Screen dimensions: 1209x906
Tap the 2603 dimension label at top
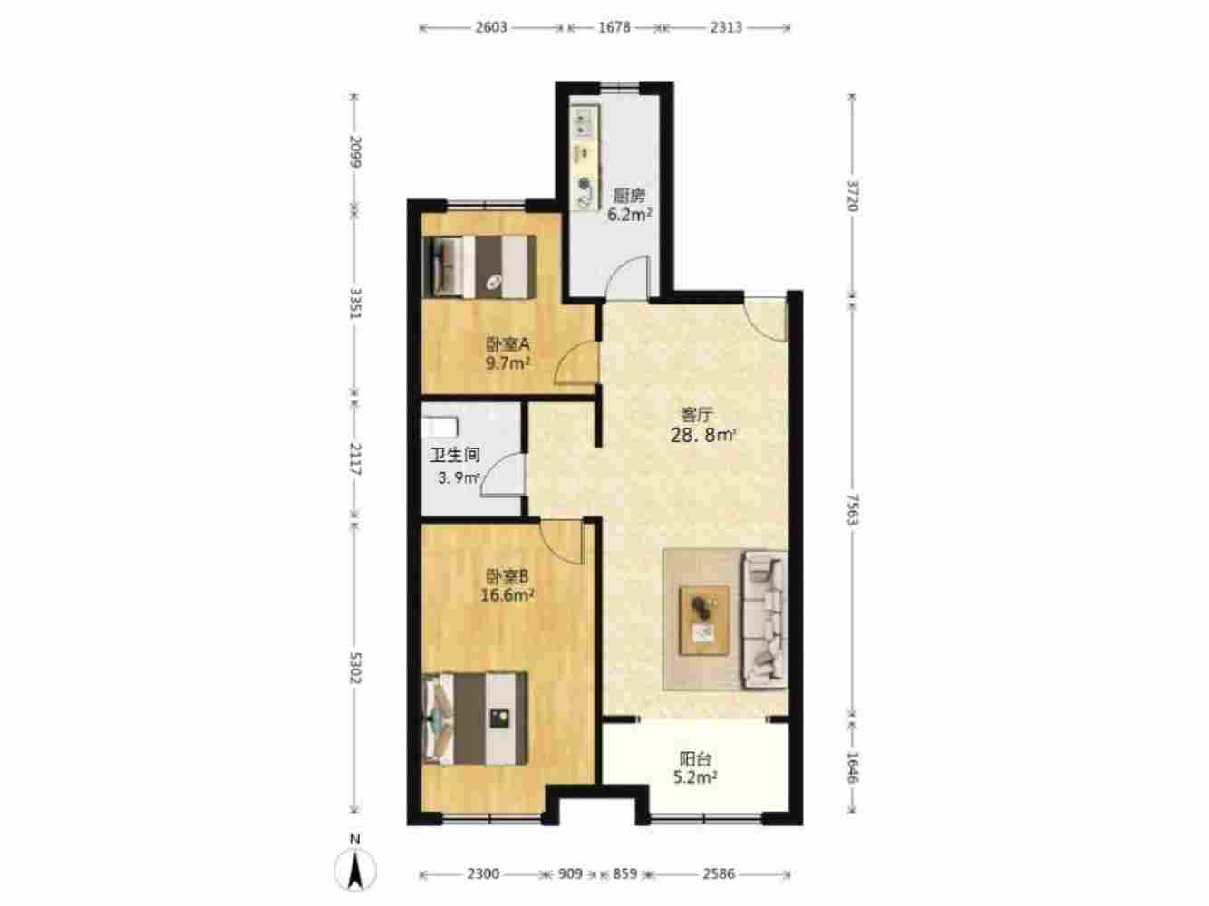491,27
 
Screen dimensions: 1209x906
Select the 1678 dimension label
614,27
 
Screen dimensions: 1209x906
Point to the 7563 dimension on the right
853,509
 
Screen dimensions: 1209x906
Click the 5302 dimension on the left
355,668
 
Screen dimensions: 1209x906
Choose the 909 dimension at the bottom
570,873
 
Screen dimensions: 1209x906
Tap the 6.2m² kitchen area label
630,214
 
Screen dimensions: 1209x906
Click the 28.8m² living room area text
703,436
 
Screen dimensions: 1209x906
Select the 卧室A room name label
508,344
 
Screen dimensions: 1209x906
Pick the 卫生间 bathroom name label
455,455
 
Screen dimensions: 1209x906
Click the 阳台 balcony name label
695,759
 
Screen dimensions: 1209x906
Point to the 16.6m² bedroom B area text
508,595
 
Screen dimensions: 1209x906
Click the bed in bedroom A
479,267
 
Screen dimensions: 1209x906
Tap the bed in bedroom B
475,718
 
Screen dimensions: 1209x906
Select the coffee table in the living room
705,621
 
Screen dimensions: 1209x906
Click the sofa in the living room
765,620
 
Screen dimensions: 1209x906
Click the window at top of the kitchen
619,86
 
